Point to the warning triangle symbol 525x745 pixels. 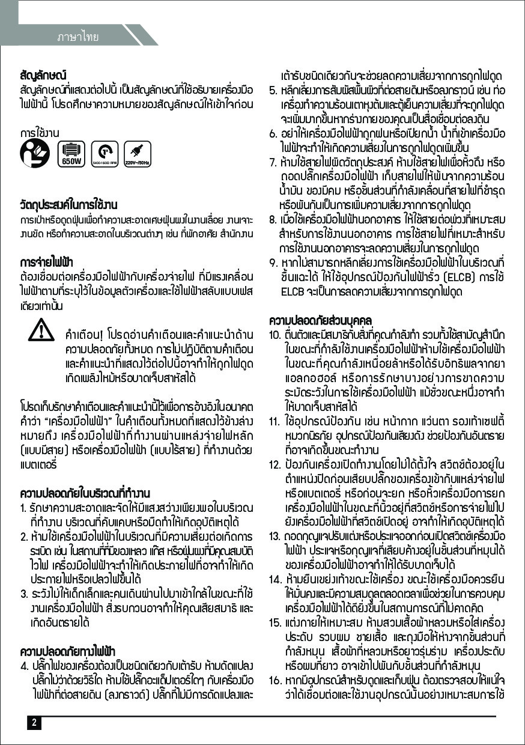[x=43, y=333]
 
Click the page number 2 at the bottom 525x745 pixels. [x=34, y=722]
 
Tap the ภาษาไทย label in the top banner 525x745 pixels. [x=78, y=37]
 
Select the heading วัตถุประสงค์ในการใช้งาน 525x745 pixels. [x=68, y=205]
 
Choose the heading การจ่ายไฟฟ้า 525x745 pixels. [x=46, y=262]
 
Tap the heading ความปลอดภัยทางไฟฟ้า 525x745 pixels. [x=67, y=651]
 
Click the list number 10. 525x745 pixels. [x=275, y=334]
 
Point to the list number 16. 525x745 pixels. [x=275, y=680]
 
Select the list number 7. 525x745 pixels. [x=272, y=163]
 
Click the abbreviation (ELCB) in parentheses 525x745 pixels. [x=459, y=277]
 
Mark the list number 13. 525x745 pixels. [x=275, y=535]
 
